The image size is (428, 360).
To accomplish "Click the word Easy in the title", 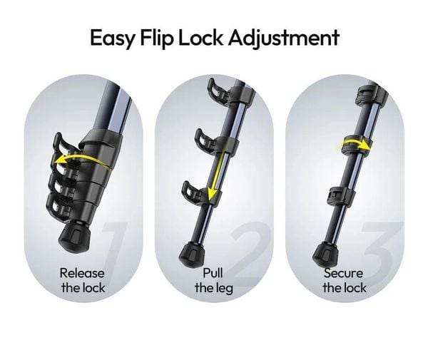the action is [x=112, y=38].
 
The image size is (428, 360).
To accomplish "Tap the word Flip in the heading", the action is [x=157, y=38].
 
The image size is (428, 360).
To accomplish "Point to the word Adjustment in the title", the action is [x=284, y=38].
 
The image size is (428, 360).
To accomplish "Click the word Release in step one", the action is [x=82, y=273].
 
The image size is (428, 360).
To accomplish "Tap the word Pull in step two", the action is [x=213, y=273].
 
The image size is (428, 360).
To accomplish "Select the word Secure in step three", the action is [x=343, y=273].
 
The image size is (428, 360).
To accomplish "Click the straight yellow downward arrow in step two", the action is [x=216, y=175].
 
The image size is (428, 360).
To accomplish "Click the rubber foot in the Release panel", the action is [x=74, y=235].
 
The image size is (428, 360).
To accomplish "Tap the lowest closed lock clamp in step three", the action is [x=341, y=195].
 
